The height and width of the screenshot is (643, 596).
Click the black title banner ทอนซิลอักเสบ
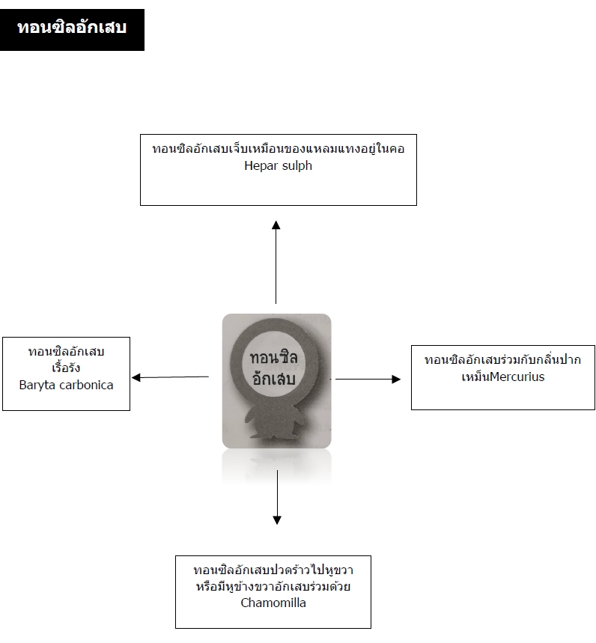coord(72,30)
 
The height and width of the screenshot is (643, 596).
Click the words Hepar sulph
coord(278,165)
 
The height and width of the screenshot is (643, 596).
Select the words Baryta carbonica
coord(66,385)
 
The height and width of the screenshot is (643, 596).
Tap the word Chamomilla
coord(273,603)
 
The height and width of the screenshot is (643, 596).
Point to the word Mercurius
coord(517,377)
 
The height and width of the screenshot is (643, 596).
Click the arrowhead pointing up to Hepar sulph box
coord(276,225)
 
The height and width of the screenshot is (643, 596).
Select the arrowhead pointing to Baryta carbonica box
coord(136,377)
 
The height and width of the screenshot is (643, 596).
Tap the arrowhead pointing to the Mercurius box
coord(396,379)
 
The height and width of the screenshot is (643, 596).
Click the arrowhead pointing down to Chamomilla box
coord(277,520)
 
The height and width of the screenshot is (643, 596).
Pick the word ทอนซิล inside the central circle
coord(273,357)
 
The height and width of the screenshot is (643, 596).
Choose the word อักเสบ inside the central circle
coord(273,378)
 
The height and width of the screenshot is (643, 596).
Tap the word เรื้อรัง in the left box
coord(66,367)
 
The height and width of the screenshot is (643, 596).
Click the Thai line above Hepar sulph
coord(278,148)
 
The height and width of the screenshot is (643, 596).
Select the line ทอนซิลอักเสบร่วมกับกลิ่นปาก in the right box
coord(502,359)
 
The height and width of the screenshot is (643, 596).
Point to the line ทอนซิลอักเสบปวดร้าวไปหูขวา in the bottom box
coord(273,570)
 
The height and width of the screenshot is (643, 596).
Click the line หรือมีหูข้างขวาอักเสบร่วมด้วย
coord(273,586)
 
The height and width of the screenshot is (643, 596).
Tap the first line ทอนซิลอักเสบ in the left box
coord(66,351)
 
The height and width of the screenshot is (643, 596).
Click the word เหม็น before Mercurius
coord(475,377)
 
